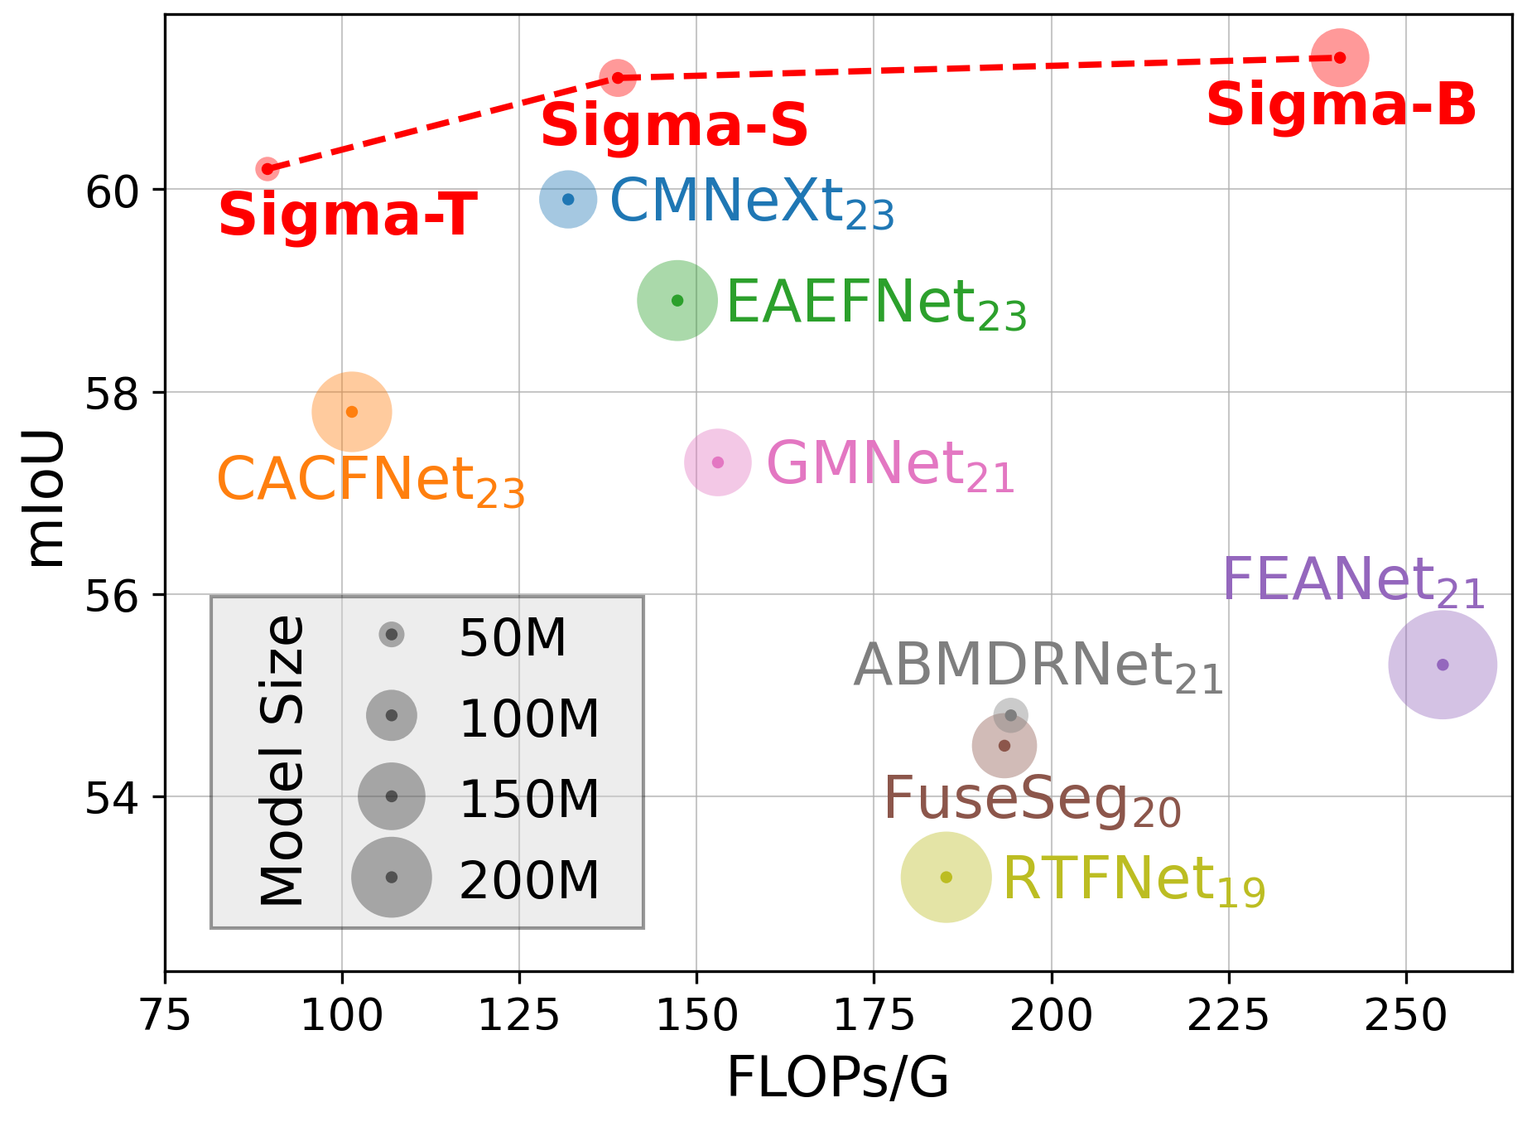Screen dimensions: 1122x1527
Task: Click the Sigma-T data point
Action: click(x=267, y=169)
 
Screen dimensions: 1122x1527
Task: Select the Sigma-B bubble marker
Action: click(x=1339, y=57)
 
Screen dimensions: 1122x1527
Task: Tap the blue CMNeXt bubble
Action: click(x=568, y=199)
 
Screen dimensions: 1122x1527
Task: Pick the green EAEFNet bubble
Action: click(x=677, y=300)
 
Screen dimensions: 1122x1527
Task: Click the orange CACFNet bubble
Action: click(x=352, y=412)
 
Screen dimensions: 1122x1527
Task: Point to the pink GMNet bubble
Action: click(x=718, y=462)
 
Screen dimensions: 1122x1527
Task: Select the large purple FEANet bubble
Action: click(x=1443, y=665)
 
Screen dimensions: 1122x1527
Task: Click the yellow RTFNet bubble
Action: click(x=947, y=877)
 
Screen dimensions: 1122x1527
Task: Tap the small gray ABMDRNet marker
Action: click(x=1011, y=715)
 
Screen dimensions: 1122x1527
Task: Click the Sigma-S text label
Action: click(x=674, y=127)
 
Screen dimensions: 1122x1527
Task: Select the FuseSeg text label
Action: click(x=1032, y=800)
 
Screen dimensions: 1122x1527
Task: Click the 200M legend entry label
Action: click(x=529, y=880)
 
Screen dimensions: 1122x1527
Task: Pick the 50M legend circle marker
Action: click(x=392, y=635)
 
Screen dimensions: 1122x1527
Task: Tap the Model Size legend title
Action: click(x=282, y=761)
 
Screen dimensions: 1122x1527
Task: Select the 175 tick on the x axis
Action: click(x=874, y=1016)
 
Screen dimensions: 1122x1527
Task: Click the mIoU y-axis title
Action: click(x=46, y=498)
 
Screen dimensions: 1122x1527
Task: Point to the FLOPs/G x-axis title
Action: click(x=837, y=1080)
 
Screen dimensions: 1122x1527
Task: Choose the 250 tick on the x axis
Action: click(x=1405, y=1016)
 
